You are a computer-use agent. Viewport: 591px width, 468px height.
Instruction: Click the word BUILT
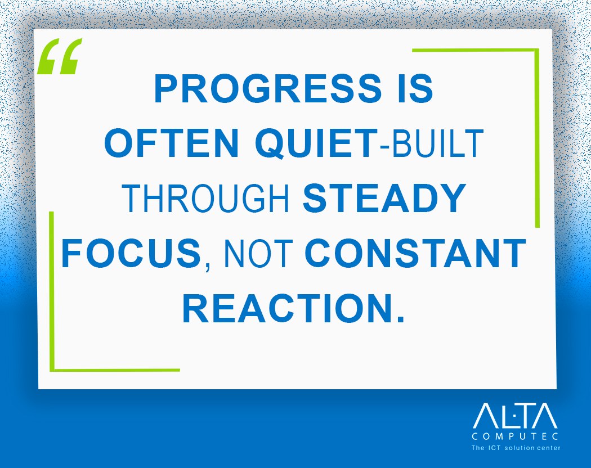click(437, 144)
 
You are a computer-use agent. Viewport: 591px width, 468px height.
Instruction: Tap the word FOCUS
click(131, 253)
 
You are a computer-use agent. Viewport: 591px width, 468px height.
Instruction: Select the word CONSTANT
click(415, 253)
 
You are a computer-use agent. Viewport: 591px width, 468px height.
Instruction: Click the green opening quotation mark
click(60, 57)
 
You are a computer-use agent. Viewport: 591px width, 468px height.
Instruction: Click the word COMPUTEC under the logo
click(514, 436)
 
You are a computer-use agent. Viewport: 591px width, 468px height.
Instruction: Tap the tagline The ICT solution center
click(514, 448)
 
